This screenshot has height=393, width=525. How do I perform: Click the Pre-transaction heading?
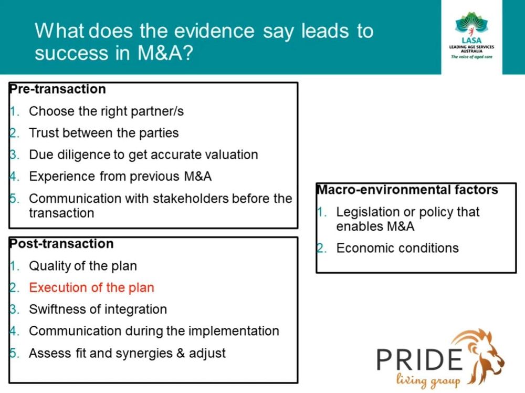tap(58, 89)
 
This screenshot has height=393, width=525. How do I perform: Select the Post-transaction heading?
tap(61, 244)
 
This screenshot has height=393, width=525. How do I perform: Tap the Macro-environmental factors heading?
tap(407, 190)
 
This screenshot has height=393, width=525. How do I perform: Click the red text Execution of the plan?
tap(91, 287)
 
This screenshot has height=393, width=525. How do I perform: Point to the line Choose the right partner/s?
tap(106, 111)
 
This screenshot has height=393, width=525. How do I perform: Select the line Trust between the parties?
tap(103, 133)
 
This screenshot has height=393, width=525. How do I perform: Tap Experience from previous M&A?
tap(120, 177)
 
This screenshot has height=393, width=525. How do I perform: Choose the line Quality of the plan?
tap(83, 266)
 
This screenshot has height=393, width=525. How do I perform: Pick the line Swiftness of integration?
tap(98, 309)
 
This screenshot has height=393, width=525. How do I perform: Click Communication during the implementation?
tap(154, 331)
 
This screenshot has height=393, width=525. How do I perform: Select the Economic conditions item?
tap(397, 248)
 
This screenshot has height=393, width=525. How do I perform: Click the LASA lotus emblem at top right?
tap(471, 23)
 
